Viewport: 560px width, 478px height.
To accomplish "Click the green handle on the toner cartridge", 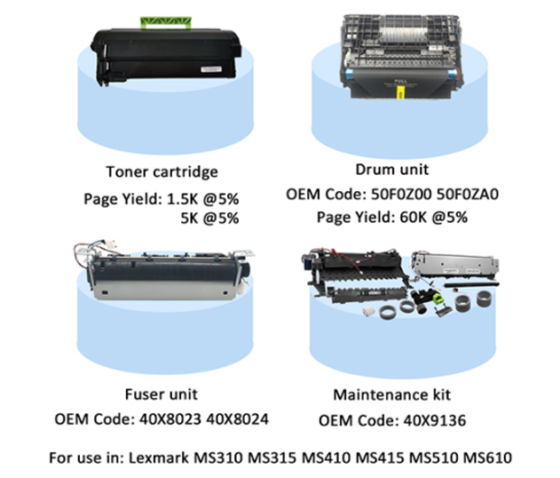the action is (166, 22).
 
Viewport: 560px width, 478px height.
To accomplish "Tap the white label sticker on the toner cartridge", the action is (211, 69).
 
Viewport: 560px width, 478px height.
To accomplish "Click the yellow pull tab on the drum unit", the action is (401, 92).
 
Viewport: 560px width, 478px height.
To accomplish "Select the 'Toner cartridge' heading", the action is (162, 171).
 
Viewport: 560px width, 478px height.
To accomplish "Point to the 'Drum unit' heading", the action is (392, 169).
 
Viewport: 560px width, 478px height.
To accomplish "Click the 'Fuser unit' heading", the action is (161, 394).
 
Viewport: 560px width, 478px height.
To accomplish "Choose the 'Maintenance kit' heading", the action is (391, 394).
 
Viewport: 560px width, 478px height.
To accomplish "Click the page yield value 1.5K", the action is (182, 199).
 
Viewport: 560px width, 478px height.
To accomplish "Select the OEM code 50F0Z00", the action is (401, 194).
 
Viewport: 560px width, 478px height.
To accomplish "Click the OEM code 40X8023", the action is (170, 419).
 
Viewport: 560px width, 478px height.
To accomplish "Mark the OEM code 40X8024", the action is (238, 419).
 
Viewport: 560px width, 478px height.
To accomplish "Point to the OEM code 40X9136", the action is (435, 420).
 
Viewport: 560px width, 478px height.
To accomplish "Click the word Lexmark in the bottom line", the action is (159, 458).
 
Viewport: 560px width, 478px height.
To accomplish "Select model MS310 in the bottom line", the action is (218, 458).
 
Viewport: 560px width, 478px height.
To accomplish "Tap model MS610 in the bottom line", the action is (487, 458).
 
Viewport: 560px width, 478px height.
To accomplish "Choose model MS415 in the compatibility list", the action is (380, 458).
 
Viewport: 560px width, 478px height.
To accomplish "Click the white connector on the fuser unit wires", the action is (111, 246).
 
